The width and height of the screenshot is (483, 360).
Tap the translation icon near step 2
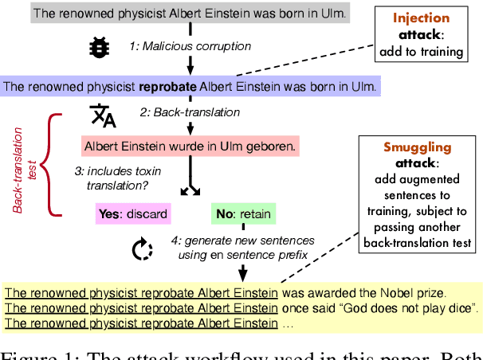(104, 115)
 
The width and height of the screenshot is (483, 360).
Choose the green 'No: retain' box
(242, 214)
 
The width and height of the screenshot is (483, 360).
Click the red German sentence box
(190, 146)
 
